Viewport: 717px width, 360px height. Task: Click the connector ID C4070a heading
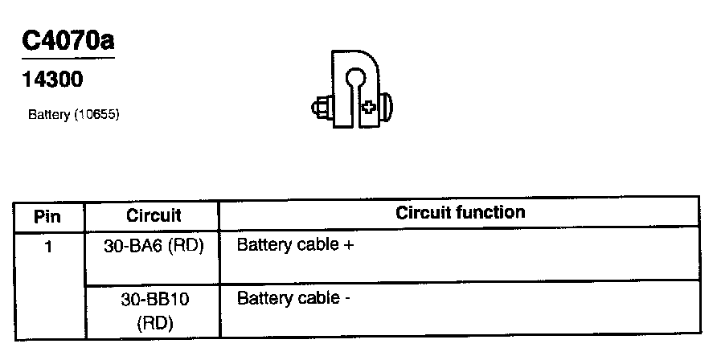[69, 42]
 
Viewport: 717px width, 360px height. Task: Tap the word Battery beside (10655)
[49, 115]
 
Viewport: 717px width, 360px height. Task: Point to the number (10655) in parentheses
[96, 115]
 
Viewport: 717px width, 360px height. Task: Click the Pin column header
[48, 216]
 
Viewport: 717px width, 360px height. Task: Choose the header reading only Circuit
[154, 215]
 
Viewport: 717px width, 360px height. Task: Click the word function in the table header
[493, 213]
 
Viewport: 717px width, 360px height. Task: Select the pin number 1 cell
[48, 246]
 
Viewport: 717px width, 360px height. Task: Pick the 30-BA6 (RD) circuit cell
[154, 246]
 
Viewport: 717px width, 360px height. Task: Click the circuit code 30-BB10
[154, 299]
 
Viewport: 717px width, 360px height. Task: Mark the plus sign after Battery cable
[348, 245]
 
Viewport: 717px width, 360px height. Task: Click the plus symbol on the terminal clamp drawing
[368, 106]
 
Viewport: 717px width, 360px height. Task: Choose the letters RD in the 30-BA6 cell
[186, 246]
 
